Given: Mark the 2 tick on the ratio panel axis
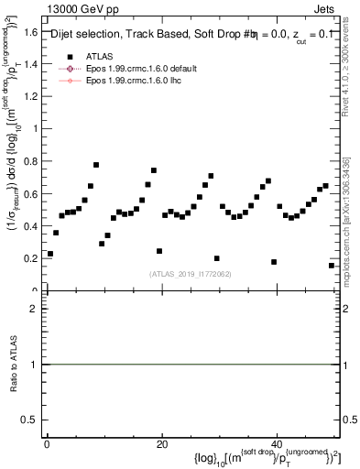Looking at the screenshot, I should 35,309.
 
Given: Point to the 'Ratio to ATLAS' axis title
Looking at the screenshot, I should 13,364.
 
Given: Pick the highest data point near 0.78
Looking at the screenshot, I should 96,165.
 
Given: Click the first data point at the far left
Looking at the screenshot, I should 50,253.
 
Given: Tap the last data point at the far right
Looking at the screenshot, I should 332,266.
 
